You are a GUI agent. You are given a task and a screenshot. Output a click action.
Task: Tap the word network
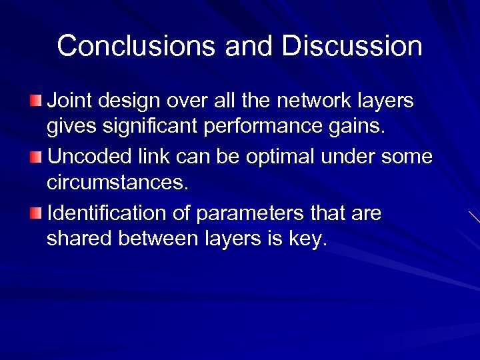[308, 101]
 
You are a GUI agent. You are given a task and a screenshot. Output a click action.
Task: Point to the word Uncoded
[87, 157]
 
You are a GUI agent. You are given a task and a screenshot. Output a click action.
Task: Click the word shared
[79, 239]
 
